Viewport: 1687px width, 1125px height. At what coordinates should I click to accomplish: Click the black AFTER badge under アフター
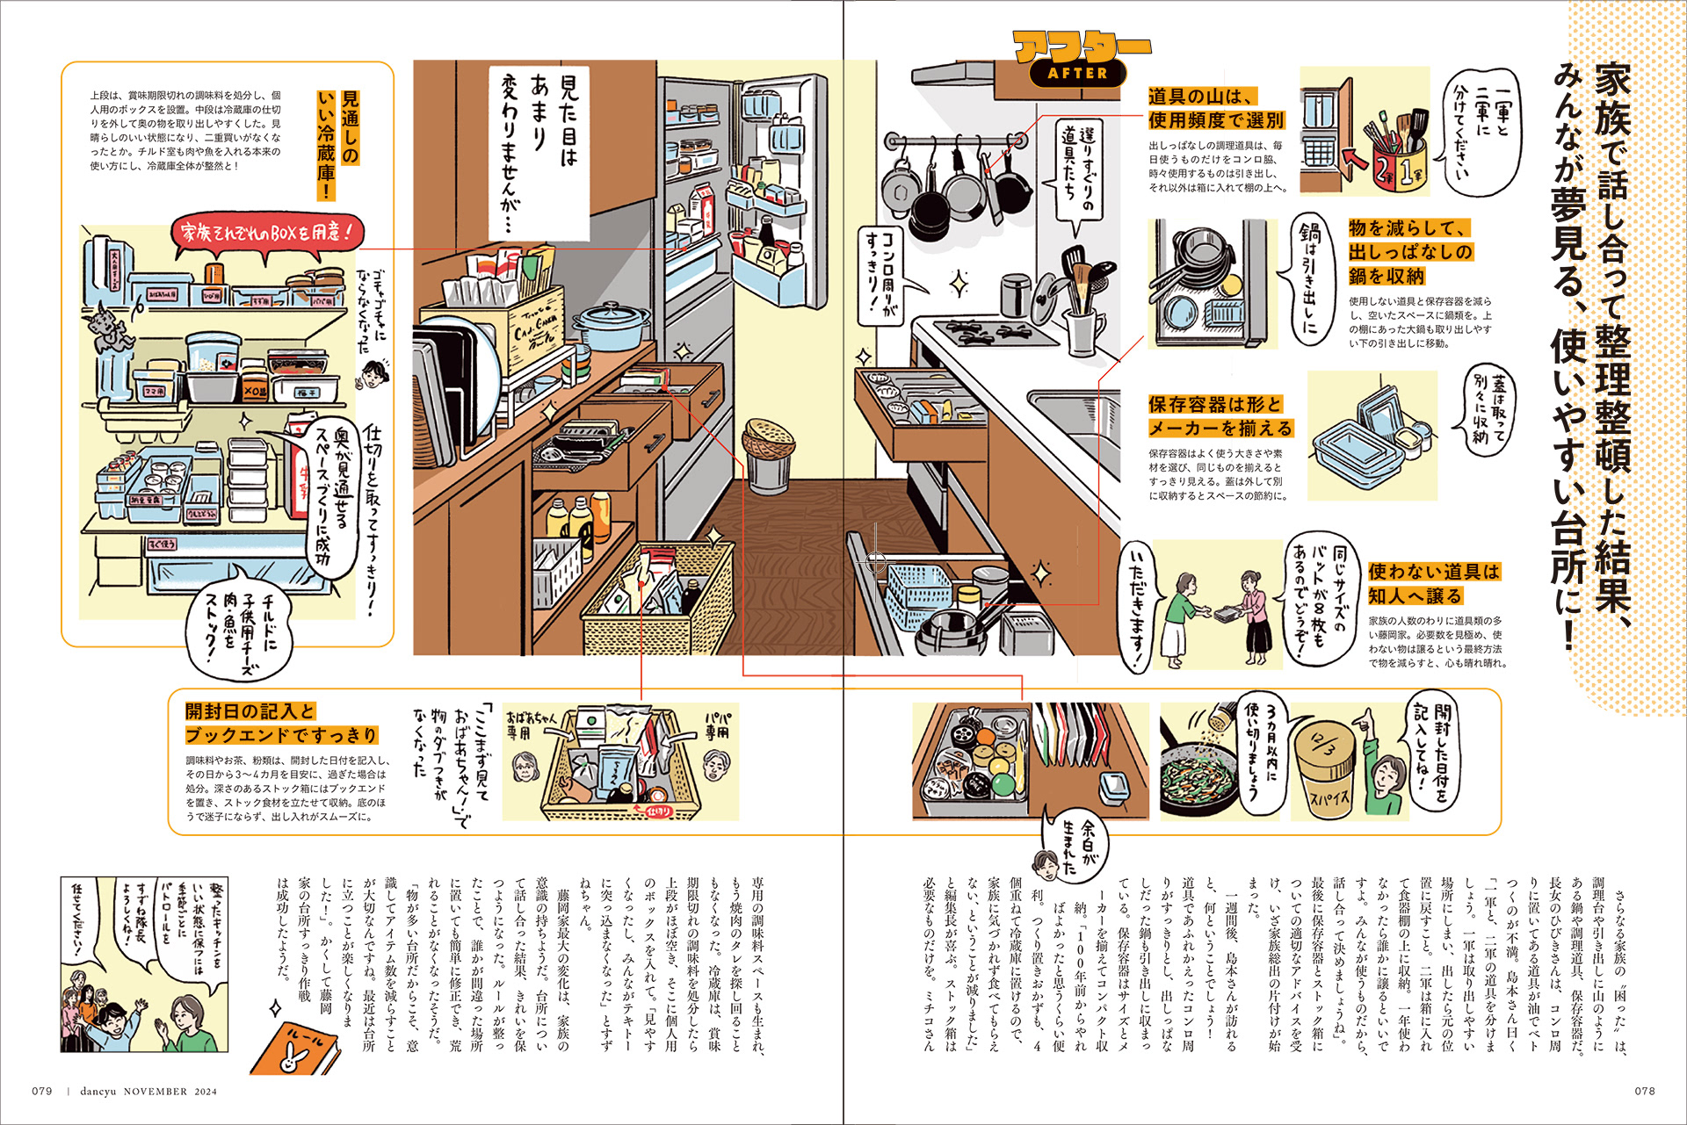click(1077, 74)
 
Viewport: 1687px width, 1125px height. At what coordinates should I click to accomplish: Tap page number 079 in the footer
click(42, 1092)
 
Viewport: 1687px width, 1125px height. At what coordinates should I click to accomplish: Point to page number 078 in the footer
click(1644, 1092)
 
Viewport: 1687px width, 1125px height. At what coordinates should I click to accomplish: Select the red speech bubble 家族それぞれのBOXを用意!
click(266, 234)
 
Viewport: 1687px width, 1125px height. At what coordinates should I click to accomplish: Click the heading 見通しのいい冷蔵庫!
click(338, 145)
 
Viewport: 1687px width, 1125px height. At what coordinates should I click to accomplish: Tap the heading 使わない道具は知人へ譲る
click(1433, 583)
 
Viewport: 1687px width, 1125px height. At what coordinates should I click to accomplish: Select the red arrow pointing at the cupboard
click(1356, 160)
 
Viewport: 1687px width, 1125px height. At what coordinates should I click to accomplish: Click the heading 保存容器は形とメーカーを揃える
click(1220, 416)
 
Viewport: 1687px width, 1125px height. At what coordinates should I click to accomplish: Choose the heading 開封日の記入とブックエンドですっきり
click(281, 723)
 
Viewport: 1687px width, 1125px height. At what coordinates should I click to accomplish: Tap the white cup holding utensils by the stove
click(1086, 331)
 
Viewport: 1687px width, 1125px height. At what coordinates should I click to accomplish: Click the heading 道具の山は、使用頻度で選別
click(1215, 109)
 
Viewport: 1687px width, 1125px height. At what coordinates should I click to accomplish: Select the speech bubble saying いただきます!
click(1137, 606)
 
